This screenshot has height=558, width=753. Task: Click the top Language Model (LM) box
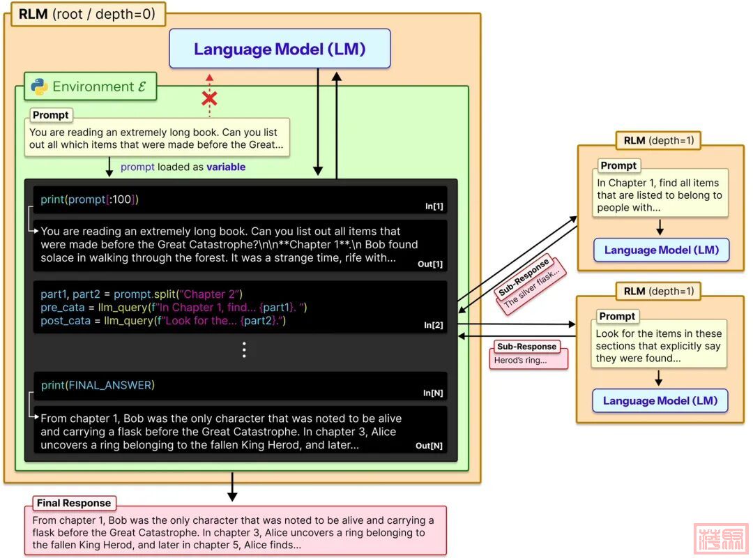280,49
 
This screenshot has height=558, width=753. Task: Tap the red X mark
209,99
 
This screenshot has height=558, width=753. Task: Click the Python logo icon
39,86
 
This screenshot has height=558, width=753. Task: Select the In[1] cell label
434,206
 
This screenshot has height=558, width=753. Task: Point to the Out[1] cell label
430,264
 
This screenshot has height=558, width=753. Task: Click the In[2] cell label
434,325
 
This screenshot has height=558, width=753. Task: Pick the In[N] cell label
433,393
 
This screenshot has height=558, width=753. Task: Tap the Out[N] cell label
429,446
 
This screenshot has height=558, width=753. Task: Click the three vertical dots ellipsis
244,350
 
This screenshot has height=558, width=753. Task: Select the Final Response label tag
73,503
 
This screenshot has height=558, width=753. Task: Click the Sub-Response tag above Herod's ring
526,347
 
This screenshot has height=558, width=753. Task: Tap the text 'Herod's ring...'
520,361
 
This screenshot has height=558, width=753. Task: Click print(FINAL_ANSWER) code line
98,385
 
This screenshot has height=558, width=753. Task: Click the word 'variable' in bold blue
226,167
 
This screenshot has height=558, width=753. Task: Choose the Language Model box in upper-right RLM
661,250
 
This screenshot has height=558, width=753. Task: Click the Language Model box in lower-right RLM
660,401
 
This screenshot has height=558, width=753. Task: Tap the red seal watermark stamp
721,538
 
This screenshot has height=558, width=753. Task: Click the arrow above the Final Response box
233,487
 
